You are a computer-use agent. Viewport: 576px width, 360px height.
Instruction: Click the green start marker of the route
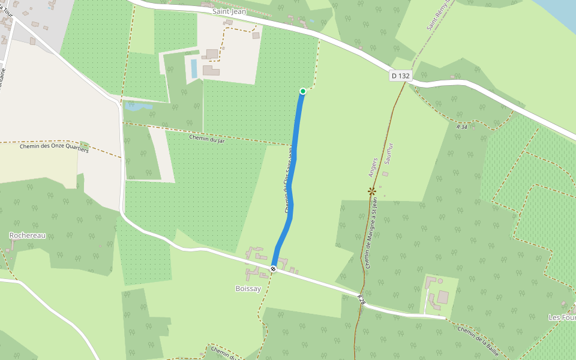point(303,91)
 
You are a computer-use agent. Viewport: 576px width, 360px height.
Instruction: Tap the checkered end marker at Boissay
point(273,269)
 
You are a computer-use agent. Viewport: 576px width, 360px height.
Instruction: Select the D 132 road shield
point(400,76)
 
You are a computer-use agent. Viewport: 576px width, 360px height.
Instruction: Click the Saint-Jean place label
point(229,11)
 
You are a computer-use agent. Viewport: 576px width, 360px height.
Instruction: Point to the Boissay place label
point(248,289)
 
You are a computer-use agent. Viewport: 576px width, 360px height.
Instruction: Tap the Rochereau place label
point(28,235)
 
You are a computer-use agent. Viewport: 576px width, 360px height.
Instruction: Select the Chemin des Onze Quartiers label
point(54,147)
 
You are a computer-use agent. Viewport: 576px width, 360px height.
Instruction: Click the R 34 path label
point(461,127)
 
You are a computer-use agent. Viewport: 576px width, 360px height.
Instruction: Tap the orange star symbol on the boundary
point(372,191)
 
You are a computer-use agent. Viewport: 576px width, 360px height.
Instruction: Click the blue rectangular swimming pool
point(194,68)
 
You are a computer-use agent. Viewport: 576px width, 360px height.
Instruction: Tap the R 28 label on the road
point(361,299)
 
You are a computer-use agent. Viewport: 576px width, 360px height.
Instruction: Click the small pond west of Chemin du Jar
point(139,107)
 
